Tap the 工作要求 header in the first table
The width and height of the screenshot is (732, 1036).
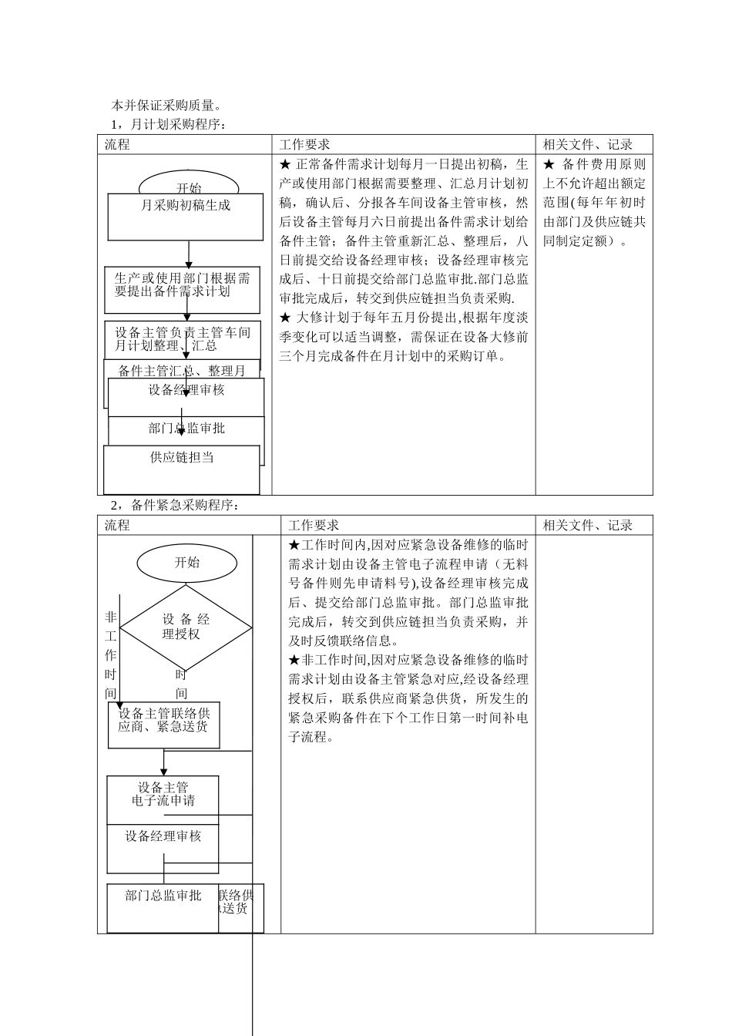[304, 145]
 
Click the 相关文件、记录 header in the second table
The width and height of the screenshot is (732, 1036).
[587, 526]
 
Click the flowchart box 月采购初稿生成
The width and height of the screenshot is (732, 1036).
[186, 216]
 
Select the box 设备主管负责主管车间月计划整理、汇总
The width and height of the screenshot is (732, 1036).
[183, 339]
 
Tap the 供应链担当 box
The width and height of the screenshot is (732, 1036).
[182, 469]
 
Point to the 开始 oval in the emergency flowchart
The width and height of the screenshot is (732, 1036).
[187, 563]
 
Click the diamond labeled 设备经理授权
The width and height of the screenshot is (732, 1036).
[186, 627]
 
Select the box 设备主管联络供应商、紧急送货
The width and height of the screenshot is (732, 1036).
[163, 725]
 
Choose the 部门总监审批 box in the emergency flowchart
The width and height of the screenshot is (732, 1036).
[163, 907]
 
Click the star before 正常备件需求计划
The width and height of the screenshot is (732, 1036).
[284, 164]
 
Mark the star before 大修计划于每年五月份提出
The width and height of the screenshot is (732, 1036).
[284, 318]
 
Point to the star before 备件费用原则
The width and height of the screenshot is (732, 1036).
[549, 164]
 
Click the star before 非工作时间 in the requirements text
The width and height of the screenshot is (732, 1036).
[294, 661]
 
